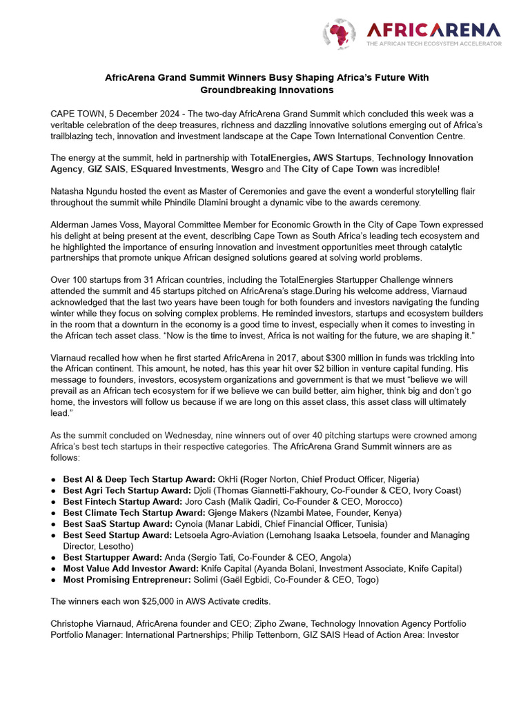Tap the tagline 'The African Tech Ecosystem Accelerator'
click(x=433, y=43)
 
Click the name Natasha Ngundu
click(x=82, y=190)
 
